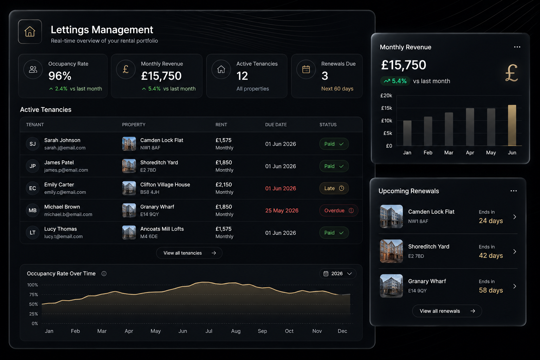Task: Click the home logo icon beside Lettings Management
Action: click(30, 32)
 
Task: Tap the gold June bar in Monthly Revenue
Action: click(512, 125)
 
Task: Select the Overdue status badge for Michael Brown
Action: click(339, 211)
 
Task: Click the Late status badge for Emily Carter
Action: click(334, 188)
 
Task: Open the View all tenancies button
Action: click(189, 253)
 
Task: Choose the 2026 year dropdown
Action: click(338, 274)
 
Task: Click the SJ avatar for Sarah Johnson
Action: click(33, 144)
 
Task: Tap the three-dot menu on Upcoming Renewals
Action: click(514, 191)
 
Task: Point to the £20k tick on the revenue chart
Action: click(386, 96)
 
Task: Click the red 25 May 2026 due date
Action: click(282, 211)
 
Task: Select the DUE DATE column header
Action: click(276, 125)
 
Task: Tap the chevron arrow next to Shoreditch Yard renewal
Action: click(515, 251)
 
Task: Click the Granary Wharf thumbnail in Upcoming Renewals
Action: click(391, 286)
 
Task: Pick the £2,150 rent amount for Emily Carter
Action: click(224, 185)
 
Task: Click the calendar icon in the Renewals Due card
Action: click(306, 70)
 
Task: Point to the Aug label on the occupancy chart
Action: click(236, 331)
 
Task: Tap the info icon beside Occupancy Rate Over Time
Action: click(104, 274)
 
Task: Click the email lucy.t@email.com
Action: click(63, 237)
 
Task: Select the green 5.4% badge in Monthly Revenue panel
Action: click(395, 81)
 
